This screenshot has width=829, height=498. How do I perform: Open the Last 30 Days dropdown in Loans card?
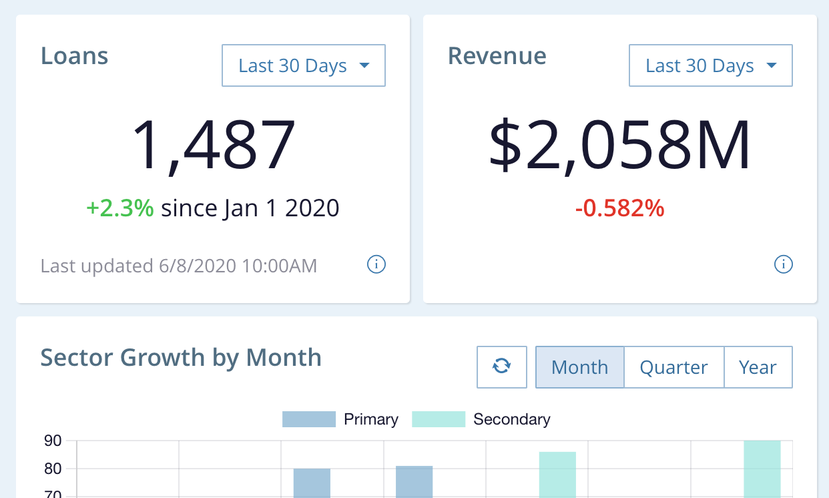coord(304,65)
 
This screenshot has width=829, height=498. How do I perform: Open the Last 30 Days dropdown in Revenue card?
coord(711,65)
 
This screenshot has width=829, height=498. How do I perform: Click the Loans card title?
coord(75,55)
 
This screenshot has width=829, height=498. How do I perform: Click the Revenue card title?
coord(497,55)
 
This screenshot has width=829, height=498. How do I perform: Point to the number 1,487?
coord(214,146)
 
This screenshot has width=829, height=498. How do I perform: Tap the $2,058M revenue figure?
coord(620,146)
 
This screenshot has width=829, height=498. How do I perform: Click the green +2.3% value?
coord(120,208)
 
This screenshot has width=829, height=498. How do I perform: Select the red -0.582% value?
coord(620,208)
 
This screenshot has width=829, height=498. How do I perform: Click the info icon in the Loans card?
coord(376,265)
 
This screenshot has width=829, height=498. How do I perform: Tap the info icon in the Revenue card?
coord(783,265)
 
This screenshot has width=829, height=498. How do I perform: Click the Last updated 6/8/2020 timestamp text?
coord(179,266)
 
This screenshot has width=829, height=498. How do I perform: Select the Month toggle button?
coord(580,367)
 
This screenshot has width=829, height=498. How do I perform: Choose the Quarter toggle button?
coord(674,367)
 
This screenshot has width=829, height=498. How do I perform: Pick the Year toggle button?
coord(758,367)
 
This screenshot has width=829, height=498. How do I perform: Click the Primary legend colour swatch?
coord(309,419)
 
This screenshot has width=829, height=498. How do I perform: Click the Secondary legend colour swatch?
coord(439,419)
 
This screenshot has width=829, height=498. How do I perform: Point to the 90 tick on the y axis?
coord(53,441)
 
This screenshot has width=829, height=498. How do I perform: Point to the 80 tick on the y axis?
coord(53,469)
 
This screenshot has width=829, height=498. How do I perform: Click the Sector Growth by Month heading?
coord(181,358)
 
